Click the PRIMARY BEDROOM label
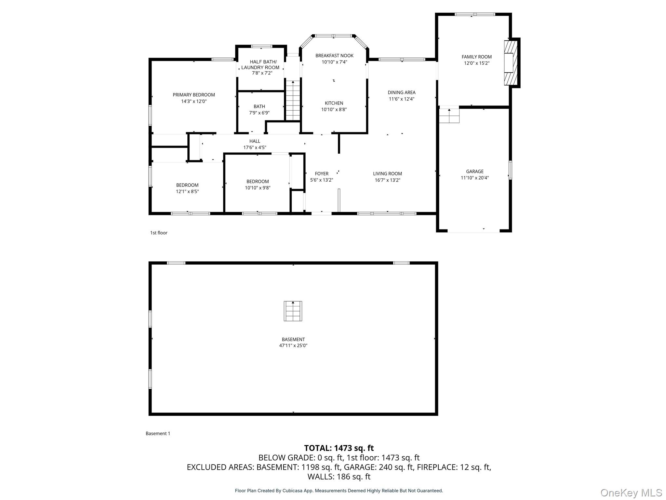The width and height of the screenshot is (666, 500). (193, 95)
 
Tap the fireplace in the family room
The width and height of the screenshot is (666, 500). (510, 63)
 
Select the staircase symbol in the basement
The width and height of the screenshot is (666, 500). (293, 311)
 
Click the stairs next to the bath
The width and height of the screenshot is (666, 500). (293, 101)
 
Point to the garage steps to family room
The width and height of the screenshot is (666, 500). (449, 116)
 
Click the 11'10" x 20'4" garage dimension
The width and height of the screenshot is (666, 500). (474, 178)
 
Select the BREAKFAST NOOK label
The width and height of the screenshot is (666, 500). (334, 56)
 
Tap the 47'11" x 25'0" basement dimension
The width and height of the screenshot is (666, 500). (293, 346)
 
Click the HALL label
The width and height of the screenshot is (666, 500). (255, 141)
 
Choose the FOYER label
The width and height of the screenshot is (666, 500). (321, 174)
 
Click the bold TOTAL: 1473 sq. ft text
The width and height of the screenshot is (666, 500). (339, 448)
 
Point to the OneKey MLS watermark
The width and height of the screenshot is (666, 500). (631, 493)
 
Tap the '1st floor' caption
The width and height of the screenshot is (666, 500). (159, 233)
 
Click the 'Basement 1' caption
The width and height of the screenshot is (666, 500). (158, 433)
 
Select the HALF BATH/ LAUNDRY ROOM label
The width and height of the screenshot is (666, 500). (260, 64)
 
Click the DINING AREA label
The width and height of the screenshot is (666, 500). (401, 92)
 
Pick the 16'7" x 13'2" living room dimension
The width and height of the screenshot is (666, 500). (387, 180)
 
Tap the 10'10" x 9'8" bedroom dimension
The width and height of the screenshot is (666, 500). (258, 188)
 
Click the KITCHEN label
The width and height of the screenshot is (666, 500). (334, 103)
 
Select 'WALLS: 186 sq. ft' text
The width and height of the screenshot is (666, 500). (339, 477)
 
